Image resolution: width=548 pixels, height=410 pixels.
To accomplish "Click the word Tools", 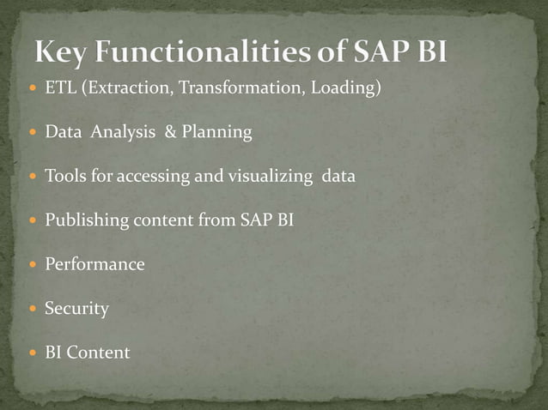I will click(63, 176).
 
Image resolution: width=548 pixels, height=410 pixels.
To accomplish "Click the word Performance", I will click(94, 264).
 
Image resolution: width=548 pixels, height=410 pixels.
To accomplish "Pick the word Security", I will click(76, 308).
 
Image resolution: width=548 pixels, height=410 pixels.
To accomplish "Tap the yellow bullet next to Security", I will click(33, 308).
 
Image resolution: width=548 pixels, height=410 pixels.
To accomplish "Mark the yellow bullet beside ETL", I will click(33, 88).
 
